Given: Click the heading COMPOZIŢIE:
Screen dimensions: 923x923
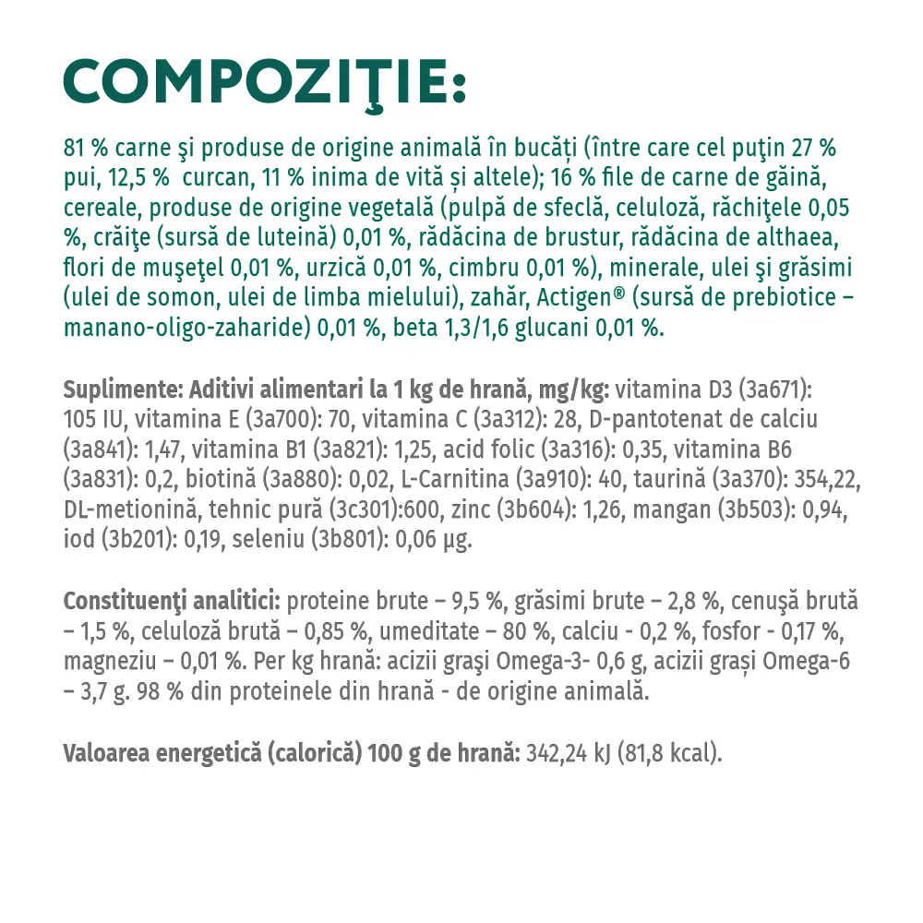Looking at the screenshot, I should point(264,82).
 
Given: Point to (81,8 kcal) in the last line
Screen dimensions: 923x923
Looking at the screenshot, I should point(674,752).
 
